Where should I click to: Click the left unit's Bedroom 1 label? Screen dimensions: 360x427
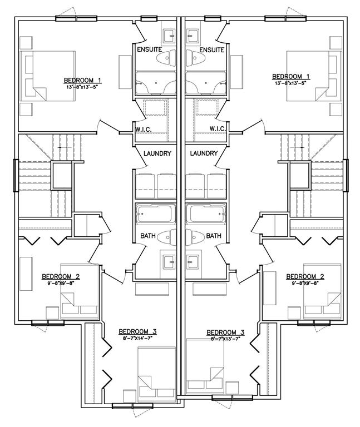pos(82,80)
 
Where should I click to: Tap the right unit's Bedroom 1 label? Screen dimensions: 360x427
pos(291,76)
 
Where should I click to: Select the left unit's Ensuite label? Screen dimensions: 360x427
pos(149,50)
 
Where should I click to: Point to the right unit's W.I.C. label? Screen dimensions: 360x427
pos(218,128)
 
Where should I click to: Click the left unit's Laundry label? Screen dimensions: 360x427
pos(157,153)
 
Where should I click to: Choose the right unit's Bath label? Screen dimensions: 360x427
pos(214,236)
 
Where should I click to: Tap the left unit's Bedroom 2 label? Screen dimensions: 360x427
pos(61,277)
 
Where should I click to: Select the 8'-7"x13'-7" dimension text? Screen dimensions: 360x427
pos(225,339)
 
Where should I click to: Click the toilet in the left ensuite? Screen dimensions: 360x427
pos(166,58)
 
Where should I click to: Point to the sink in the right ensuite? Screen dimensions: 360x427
pos(193,36)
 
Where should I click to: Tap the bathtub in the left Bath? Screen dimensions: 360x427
pos(156,213)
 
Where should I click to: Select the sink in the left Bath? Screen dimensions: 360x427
pos(169,262)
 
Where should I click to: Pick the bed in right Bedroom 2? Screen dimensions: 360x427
pos(322,291)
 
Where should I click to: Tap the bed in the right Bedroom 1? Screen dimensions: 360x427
pos(314,76)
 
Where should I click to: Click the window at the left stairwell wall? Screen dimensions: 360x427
pos(16,176)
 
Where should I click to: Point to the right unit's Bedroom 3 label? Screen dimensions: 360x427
pos(225,332)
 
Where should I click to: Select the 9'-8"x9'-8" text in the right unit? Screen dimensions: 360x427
pos(305,283)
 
